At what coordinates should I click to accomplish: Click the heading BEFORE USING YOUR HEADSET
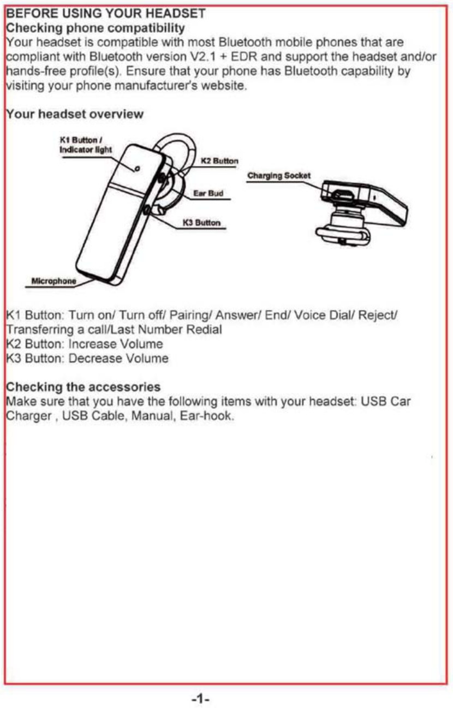coord(105,13)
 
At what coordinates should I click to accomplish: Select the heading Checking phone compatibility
coord(95,27)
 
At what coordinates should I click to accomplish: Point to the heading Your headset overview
coord(74,114)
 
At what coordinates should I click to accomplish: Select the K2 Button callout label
coord(219,161)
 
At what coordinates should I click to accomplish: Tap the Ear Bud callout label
coord(208,193)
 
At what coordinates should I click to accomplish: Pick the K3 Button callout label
coord(201,222)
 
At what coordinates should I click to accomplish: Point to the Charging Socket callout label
coord(279,176)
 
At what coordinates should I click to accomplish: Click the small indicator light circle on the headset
coord(138,168)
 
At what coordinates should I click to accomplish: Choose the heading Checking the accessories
coord(82,387)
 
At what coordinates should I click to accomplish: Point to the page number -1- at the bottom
coord(201,698)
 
